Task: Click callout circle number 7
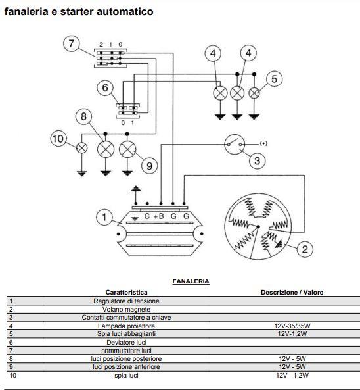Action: [x=72, y=43]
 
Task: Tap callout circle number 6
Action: [x=105, y=87]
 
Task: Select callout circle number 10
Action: [x=58, y=139]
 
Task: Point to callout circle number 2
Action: [x=305, y=249]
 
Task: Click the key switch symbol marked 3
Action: [x=235, y=145]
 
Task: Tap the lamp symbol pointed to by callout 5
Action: [x=254, y=93]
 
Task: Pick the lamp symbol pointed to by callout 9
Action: [x=127, y=149]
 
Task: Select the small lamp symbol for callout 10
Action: [x=81, y=148]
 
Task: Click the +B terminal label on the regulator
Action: [x=159, y=216]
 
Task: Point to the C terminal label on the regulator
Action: [x=147, y=216]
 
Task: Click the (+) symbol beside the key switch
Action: [x=263, y=143]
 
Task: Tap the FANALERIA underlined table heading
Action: [x=191, y=281]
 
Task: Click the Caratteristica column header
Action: [x=126, y=292]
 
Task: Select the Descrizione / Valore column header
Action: [x=292, y=292]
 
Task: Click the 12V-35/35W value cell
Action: [x=292, y=326]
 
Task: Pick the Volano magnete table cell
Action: [x=126, y=309]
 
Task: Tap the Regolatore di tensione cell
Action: [x=126, y=301]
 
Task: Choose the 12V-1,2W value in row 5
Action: [x=292, y=334]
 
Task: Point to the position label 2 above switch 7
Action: [x=101, y=45]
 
